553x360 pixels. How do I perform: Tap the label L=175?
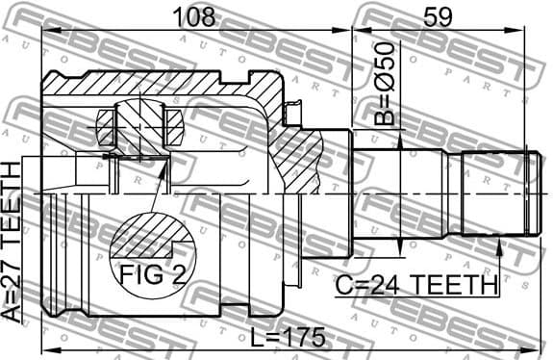click(x=284, y=338)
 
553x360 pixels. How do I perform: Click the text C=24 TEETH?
click(x=416, y=285)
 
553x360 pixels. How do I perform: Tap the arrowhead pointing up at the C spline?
click(x=500, y=246)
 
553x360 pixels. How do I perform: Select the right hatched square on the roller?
click(x=174, y=125)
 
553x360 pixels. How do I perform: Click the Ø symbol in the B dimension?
click(x=384, y=84)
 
